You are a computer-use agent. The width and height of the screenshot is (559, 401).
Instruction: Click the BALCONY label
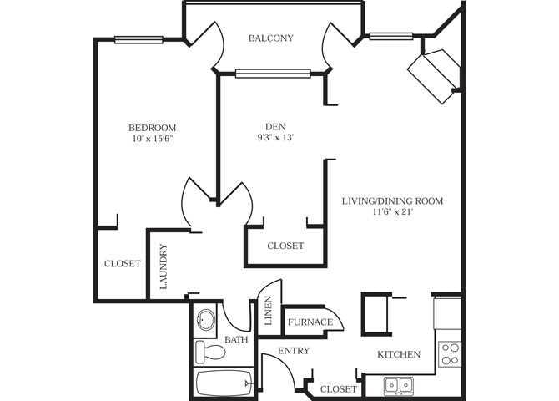(270, 38)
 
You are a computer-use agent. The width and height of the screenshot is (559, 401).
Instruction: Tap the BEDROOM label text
(152, 127)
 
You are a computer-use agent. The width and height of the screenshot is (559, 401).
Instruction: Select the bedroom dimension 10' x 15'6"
(152, 140)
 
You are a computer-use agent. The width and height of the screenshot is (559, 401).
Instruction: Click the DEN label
(264, 127)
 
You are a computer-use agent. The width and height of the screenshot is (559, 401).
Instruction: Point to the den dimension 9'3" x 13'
(264, 140)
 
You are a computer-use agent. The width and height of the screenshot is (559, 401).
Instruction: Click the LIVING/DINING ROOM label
(392, 200)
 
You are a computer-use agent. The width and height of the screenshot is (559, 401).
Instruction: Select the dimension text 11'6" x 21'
(392, 213)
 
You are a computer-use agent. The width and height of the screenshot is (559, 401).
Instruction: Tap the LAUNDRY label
(163, 265)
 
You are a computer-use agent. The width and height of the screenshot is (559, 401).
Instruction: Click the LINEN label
(268, 311)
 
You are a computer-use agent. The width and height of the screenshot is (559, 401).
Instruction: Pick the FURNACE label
(310, 322)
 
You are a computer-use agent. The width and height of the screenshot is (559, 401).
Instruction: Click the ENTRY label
(293, 351)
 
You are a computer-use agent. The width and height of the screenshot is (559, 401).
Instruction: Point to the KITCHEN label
(399, 354)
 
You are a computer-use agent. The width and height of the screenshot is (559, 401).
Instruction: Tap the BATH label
(236, 340)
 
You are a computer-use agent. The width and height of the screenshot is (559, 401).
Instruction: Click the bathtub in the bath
(223, 385)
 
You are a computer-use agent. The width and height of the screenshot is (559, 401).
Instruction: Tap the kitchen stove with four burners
(451, 353)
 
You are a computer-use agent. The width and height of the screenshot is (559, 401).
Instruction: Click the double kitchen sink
(399, 385)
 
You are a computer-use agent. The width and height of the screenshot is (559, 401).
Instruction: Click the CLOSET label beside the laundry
(122, 263)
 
